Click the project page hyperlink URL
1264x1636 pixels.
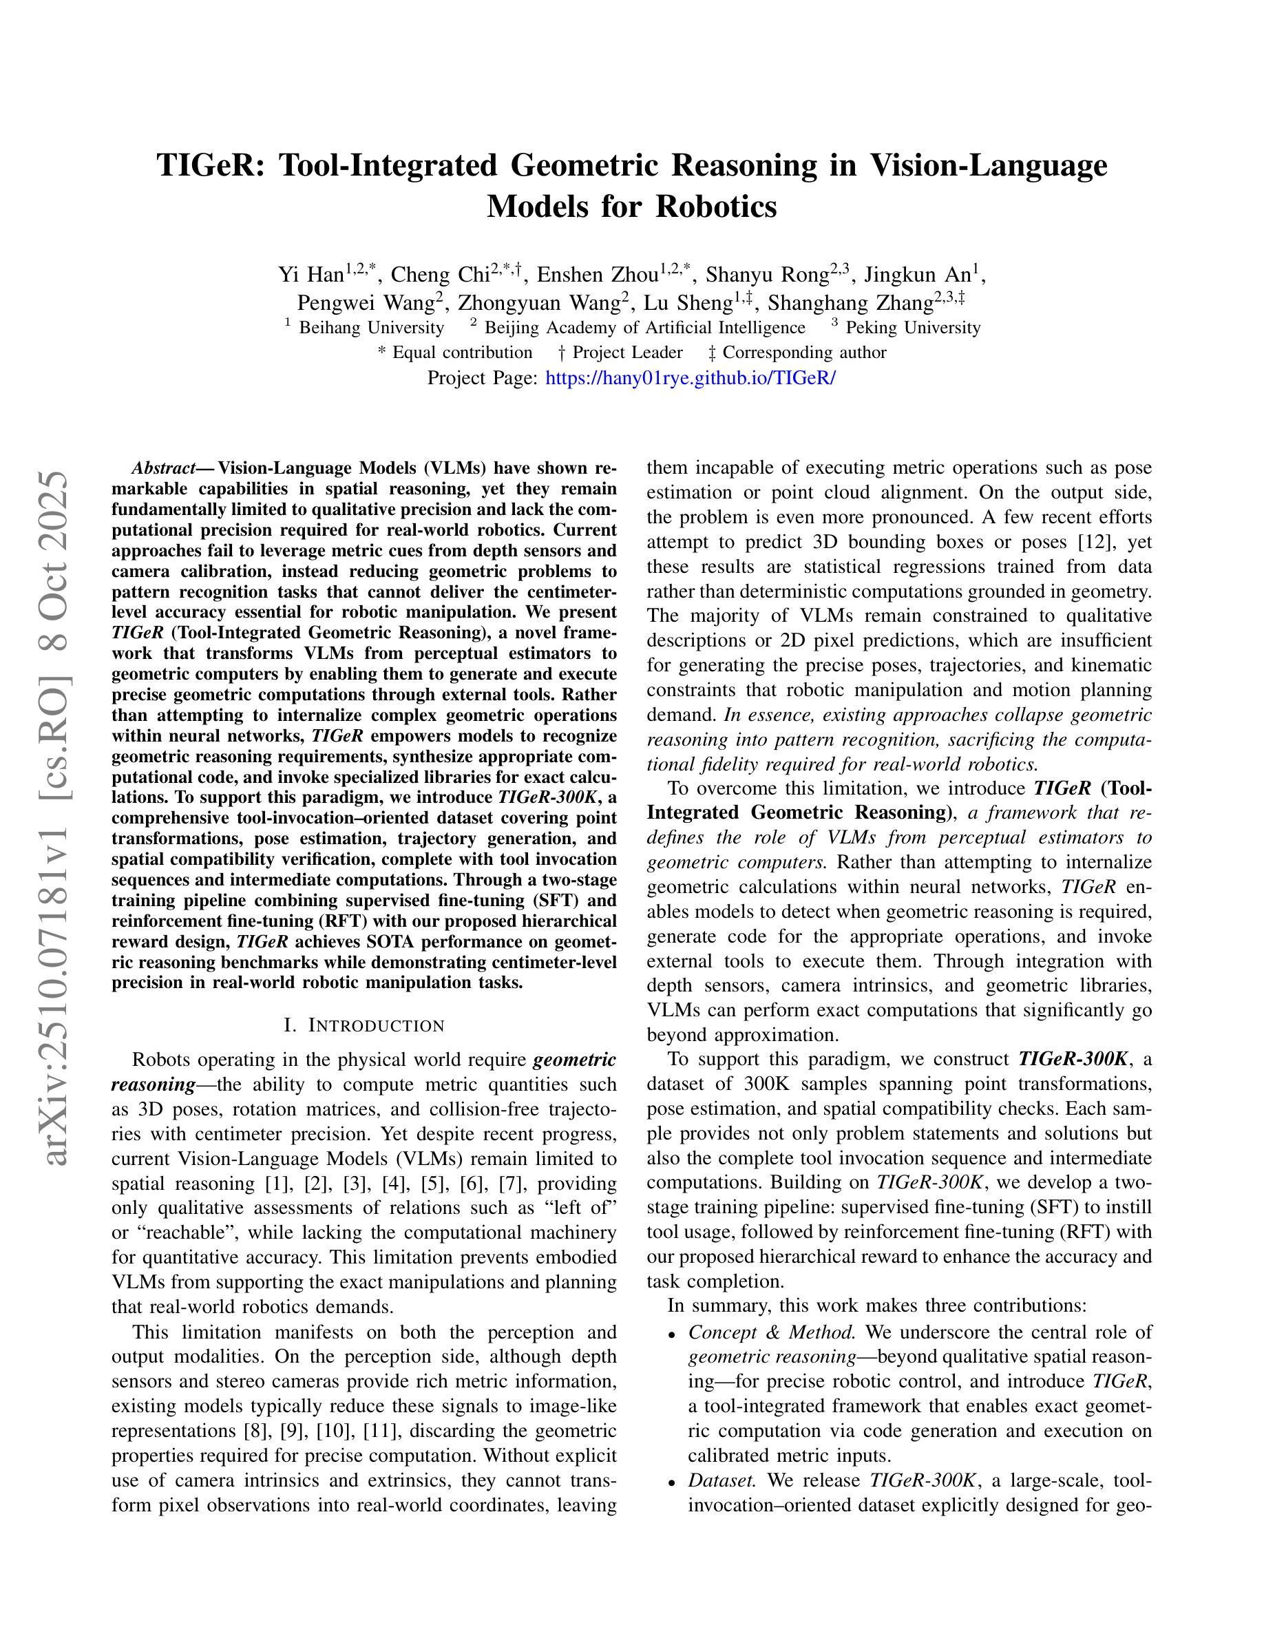coord(690,377)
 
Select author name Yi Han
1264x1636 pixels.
coord(310,275)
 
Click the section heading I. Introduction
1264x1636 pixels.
coord(365,1025)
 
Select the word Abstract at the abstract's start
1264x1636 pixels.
coord(162,469)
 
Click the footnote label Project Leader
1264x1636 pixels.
coord(627,353)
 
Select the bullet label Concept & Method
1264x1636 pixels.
coord(771,1332)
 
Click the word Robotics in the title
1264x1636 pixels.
coord(716,207)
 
